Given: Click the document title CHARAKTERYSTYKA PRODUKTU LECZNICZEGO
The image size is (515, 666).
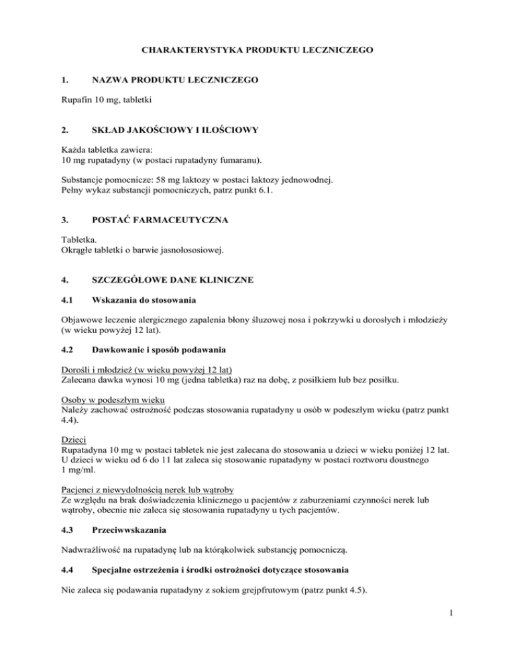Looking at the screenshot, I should [257, 50].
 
